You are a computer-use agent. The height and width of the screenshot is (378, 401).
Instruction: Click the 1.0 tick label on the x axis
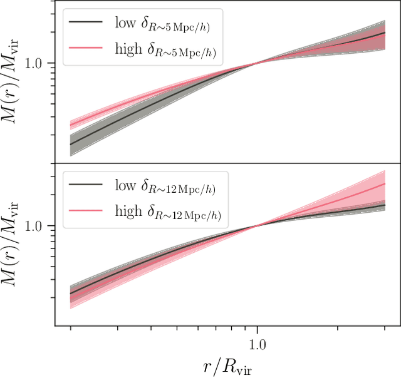257,344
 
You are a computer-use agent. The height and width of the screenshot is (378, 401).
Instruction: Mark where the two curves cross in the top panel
257,63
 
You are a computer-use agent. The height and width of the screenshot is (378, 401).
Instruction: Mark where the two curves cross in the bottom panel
257,226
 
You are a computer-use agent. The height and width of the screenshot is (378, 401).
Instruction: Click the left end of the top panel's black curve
70,144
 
